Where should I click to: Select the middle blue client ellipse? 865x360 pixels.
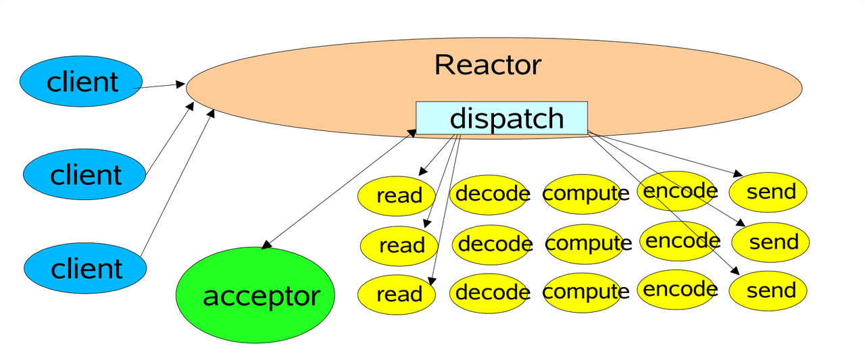click(x=84, y=175)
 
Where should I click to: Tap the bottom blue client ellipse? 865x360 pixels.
click(x=86, y=268)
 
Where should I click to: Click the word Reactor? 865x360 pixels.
click(x=487, y=65)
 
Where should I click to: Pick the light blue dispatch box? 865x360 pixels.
click(x=501, y=118)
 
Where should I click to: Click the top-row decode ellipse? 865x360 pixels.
click(x=491, y=194)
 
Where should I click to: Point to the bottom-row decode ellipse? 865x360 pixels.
click(x=491, y=292)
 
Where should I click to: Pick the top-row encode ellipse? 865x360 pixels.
click(x=678, y=191)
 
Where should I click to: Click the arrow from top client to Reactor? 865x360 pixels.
click(x=159, y=86)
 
